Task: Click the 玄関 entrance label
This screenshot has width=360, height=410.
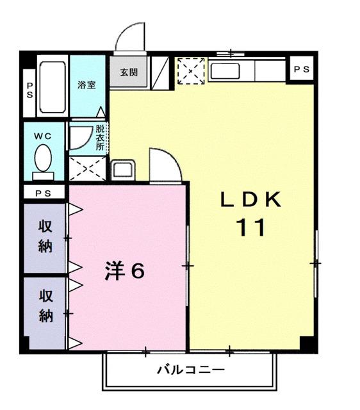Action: tap(129, 72)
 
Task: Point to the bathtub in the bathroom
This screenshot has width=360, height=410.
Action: tap(52, 88)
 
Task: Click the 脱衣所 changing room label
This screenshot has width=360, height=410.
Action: tap(100, 136)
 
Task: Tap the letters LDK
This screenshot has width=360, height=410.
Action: tap(251, 200)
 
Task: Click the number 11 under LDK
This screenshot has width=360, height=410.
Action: tap(251, 227)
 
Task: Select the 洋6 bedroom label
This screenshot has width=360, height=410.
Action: tap(125, 271)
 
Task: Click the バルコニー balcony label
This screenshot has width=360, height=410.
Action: tap(191, 370)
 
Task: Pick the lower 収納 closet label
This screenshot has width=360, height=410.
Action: tap(45, 306)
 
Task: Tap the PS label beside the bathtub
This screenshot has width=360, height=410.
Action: tap(29, 88)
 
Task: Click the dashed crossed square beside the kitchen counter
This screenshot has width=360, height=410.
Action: tap(190, 70)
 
